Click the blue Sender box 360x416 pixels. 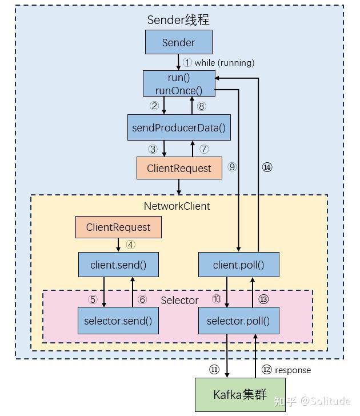tap(178, 43)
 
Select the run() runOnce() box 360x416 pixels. tap(179, 83)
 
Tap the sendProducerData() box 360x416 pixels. tap(179, 127)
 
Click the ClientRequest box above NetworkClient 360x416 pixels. tap(179, 168)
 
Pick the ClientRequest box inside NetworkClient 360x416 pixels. tap(118, 227)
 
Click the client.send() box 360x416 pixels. tap(118, 265)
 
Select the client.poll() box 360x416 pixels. tap(239, 265)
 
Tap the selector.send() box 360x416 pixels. tap(118, 321)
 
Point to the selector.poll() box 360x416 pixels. tap(239, 321)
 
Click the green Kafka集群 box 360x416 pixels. tap(240, 394)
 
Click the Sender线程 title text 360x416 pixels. tap(178, 19)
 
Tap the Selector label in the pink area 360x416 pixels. tap(179, 300)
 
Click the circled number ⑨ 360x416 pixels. tap(231, 167)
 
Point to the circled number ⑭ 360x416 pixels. tap(267, 167)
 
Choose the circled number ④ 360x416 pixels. tap(131, 245)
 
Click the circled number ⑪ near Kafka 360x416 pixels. tap(214, 370)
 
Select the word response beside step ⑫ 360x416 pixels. tap(293, 370)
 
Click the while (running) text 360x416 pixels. tap(224, 63)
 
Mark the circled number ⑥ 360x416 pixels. tap(142, 299)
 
